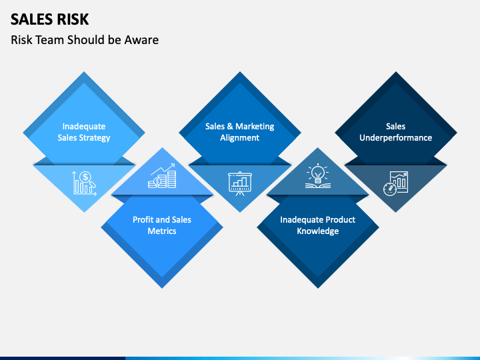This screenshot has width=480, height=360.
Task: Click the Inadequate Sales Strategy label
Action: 84,132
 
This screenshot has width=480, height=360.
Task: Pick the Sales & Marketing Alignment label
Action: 239,132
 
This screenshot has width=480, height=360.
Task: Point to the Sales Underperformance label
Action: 395,132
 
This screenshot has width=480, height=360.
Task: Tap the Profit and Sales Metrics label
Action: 162,225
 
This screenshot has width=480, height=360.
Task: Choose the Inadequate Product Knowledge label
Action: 317,225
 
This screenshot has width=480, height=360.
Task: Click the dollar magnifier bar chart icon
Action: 85,182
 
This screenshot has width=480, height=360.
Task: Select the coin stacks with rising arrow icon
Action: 163,176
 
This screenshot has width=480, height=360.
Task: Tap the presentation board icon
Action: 240,182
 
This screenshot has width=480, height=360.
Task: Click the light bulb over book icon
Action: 317,175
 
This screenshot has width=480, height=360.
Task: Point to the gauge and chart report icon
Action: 395,183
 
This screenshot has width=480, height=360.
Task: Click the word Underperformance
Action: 395,138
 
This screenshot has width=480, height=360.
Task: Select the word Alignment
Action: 239,138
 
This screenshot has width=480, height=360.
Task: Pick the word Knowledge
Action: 317,231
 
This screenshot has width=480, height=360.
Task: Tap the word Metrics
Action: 162,231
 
